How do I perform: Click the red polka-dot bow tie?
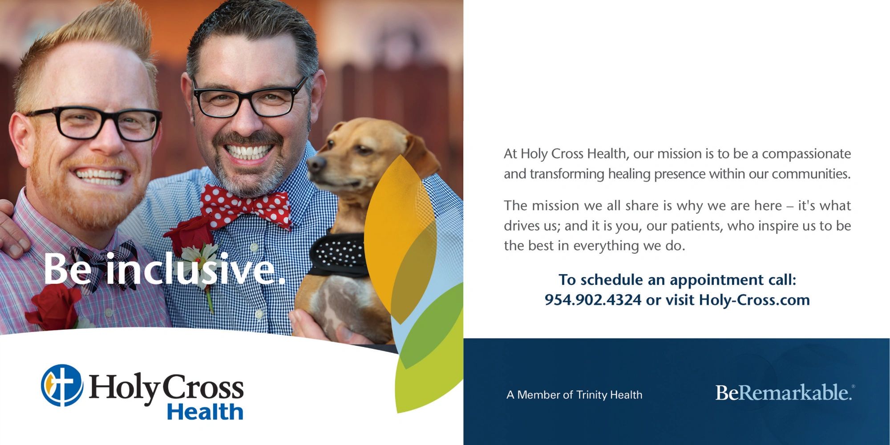tap(245, 206)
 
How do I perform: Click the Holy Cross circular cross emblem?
tap(62, 385)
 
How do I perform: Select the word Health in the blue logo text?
tap(205, 411)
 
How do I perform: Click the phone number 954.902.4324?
tap(593, 300)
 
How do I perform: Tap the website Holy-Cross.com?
tap(754, 300)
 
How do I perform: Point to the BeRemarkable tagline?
tap(784, 392)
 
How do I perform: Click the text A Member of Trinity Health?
tap(574, 395)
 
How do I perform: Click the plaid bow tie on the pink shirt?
tap(107, 263)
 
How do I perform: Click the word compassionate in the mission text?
tap(806, 154)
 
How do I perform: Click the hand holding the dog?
tap(320, 327)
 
